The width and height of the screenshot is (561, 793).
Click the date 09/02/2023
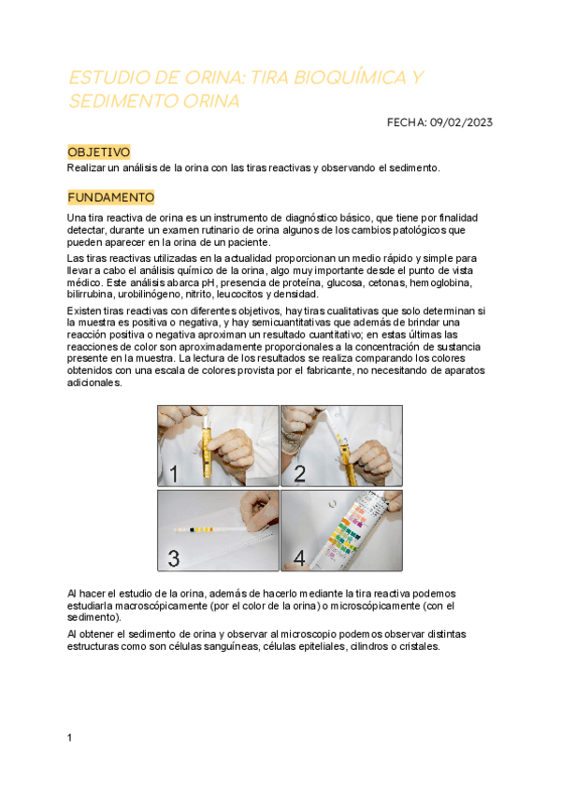click(461, 123)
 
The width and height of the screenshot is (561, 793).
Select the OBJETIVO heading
click(99, 152)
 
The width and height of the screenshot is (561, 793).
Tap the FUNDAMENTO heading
click(110, 197)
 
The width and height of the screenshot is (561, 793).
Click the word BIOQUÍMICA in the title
click(350, 78)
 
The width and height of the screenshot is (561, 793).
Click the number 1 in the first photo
click(174, 474)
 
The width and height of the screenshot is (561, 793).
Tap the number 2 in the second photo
click(299, 474)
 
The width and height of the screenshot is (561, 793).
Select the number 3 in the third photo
click(174, 558)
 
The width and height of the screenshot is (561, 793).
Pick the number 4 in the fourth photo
click(299, 558)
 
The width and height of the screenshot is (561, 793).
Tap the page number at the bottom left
click(69, 738)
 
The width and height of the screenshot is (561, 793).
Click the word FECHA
click(407, 123)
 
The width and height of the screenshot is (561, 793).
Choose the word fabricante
click(329, 370)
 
